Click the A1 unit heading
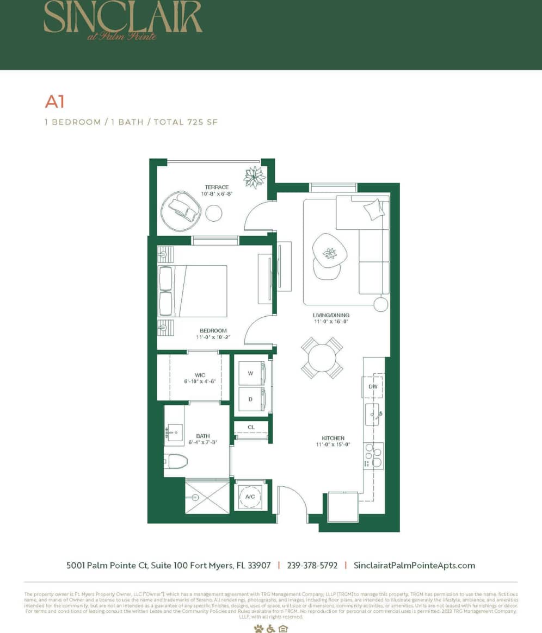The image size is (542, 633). click(x=55, y=102)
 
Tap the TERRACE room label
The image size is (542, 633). click(x=217, y=187)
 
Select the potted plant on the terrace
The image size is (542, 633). click(x=255, y=177)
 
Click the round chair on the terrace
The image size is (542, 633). click(x=182, y=208)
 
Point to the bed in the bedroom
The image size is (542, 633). click(x=193, y=291)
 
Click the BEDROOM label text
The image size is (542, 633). click(x=213, y=330)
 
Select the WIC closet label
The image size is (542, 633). click(x=200, y=375)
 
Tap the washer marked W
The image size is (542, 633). click(x=250, y=373)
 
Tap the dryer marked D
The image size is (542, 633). click(x=250, y=399)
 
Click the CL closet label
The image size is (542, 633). click(x=251, y=427)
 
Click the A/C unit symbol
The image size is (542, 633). click(x=250, y=497)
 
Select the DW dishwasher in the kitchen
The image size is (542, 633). click(x=373, y=386)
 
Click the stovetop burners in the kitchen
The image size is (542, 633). click(x=373, y=455)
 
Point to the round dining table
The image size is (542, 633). click(x=322, y=358)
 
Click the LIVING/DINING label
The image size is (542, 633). click(x=331, y=315)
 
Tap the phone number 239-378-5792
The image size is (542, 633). click(x=311, y=565)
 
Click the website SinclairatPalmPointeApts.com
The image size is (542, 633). click(x=414, y=565)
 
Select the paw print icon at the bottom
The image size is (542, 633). click(x=258, y=629)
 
